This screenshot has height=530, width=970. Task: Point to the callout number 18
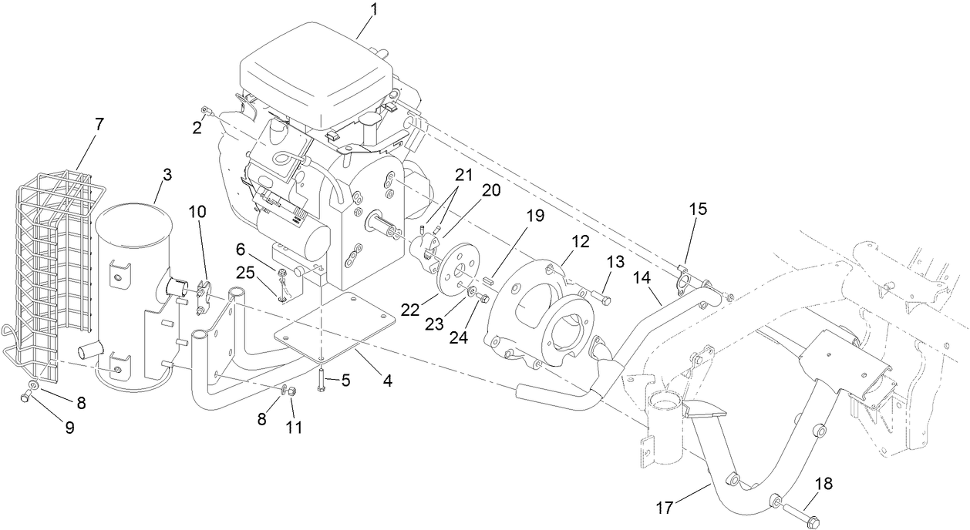point(823,484)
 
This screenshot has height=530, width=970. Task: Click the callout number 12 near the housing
point(580,240)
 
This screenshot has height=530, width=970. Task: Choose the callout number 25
point(245,272)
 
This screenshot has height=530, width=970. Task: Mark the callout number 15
point(697,209)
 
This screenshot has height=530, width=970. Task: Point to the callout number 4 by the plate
point(387,380)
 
